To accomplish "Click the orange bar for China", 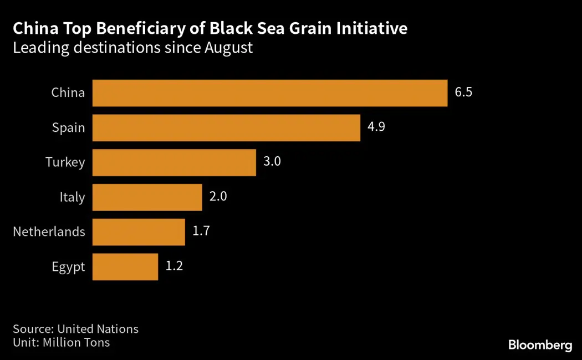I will tap(269, 93).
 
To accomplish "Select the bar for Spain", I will tap(226, 128).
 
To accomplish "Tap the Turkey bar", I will tap(174, 163).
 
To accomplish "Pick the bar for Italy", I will tap(147, 197).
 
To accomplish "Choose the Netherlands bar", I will tap(139, 232).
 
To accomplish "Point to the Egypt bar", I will tap(125, 267).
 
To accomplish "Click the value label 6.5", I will tap(463, 92).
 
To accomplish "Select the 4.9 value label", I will tap(376, 127).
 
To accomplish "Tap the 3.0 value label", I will tap(272, 162).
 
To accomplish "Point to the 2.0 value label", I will tap(218, 197).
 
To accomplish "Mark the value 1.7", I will tap(201, 232).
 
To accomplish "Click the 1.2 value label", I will tap(174, 266).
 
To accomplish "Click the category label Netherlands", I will tap(49, 232).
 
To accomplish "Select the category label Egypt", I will tap(69, 267).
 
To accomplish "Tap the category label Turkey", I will tap(65, 162).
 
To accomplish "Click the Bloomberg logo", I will tap(540, 346).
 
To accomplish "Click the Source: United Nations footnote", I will tap(76, 329).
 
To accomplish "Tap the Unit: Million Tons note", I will tap(62, 343).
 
